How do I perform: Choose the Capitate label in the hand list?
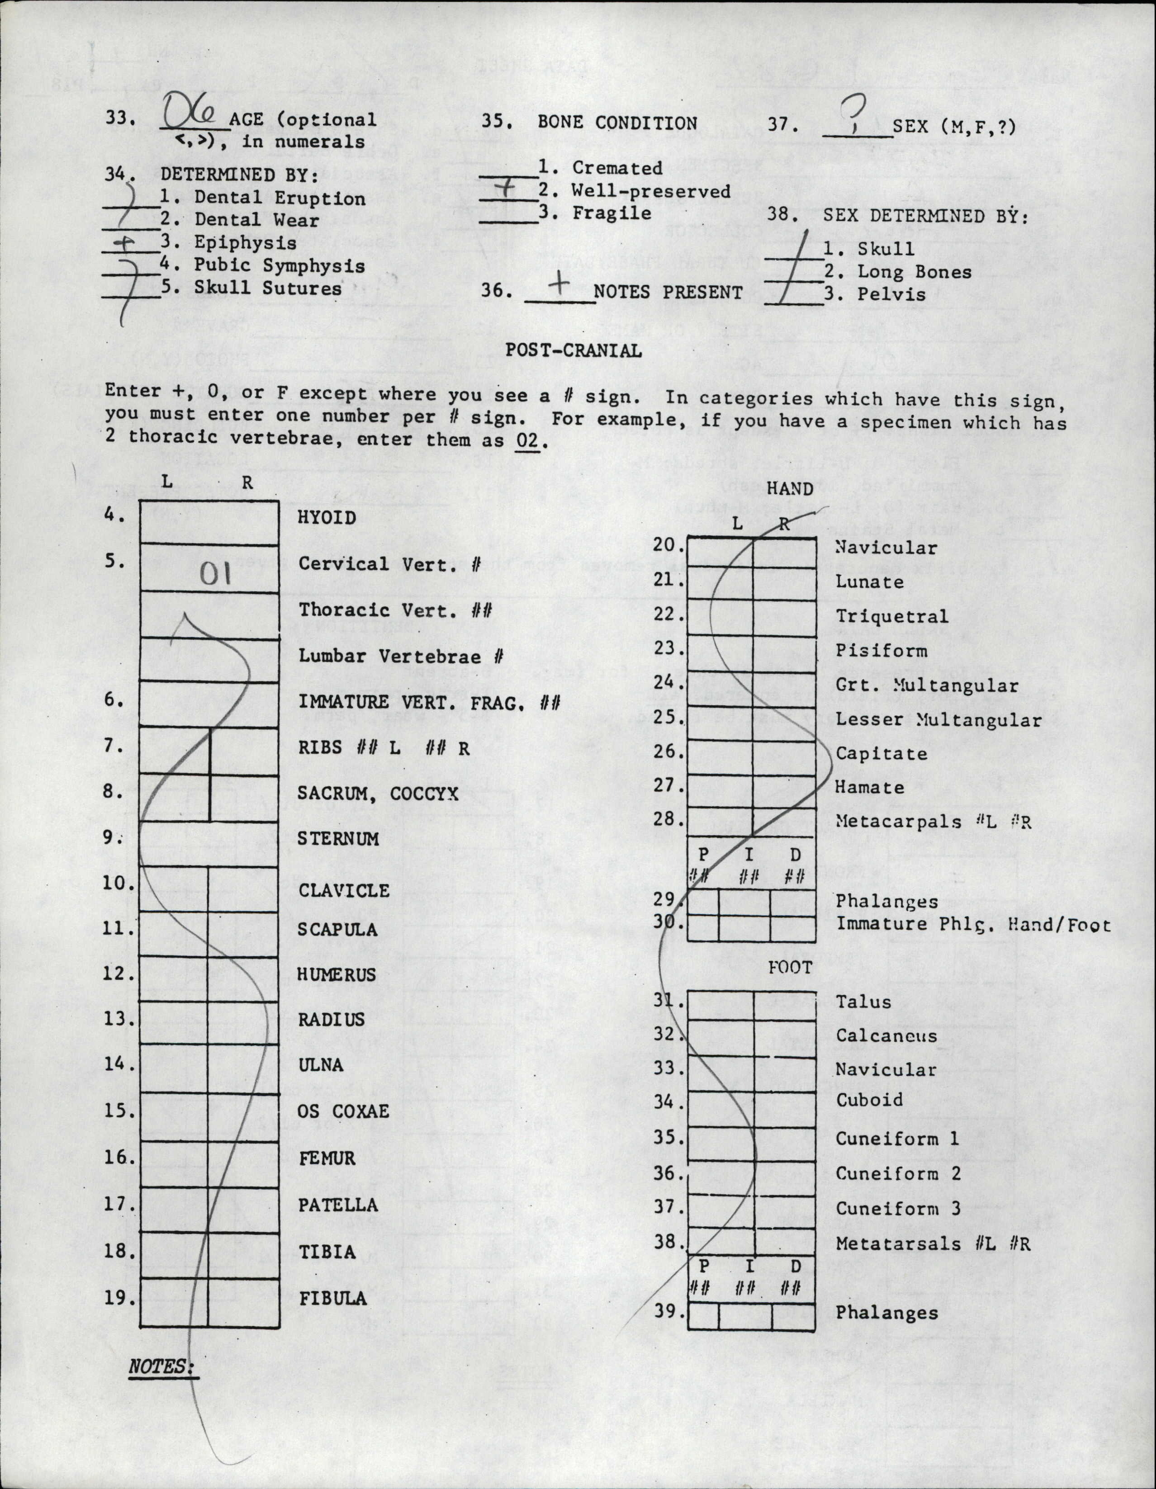click(x=881, y=753)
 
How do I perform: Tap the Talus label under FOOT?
click(x=863, y=1002)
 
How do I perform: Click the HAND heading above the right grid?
click(x=790, y=489)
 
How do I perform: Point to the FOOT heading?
click(x=790, y=968)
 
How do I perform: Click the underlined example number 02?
click(x=526, y=440)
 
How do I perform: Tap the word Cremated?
click(x=617, y=168)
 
